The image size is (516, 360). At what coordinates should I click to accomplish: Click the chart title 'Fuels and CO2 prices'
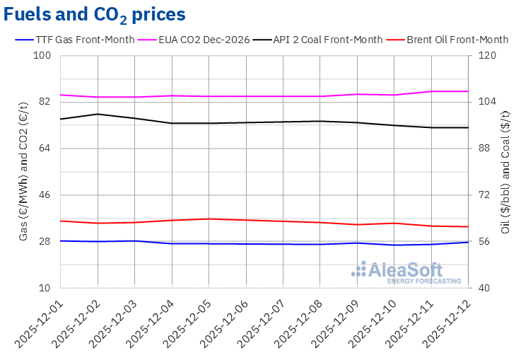click(x=95, y=13)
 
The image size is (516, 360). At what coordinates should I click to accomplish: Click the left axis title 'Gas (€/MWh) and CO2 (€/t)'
click(x=23, y=172)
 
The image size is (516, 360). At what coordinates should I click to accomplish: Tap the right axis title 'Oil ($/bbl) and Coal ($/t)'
click(x=505, y=172)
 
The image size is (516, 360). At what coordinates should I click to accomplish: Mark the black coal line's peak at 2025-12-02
click(x=98, y=114)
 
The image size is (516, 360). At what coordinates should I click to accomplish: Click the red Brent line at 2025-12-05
click(x=209, y=219)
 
